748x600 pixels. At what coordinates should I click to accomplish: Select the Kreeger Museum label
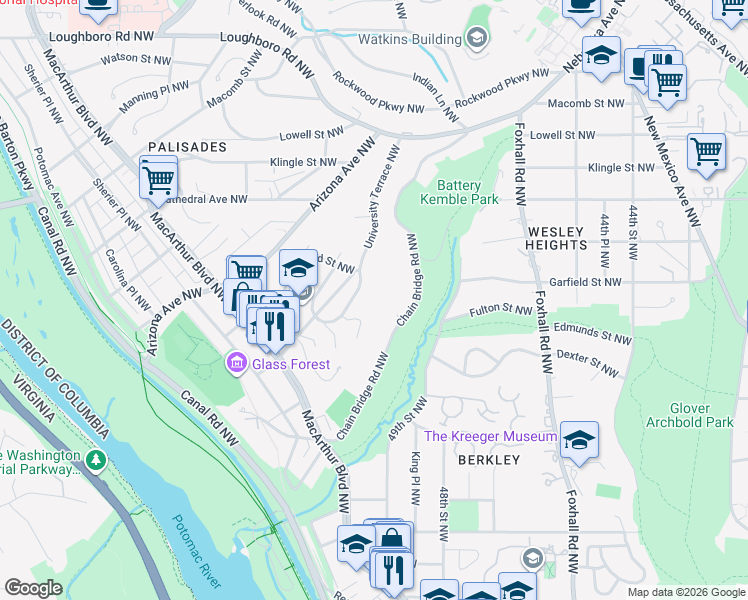coord(490,437)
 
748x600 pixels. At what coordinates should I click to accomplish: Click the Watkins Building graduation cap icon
coord(477,40)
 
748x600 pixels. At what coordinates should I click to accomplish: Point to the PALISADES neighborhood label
coord(188,147)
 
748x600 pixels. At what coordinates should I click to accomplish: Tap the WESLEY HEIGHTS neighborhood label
coord(557,237)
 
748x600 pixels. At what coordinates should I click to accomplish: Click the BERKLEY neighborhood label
coord(489,460)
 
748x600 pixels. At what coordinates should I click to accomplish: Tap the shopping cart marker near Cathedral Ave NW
coord(158,179)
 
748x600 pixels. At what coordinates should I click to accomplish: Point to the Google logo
coord(33,588)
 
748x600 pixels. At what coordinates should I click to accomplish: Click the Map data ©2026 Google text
coord(684,592)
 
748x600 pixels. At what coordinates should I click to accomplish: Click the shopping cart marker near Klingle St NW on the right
coord(706,152)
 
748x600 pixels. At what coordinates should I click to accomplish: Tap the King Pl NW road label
coord(414,475)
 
